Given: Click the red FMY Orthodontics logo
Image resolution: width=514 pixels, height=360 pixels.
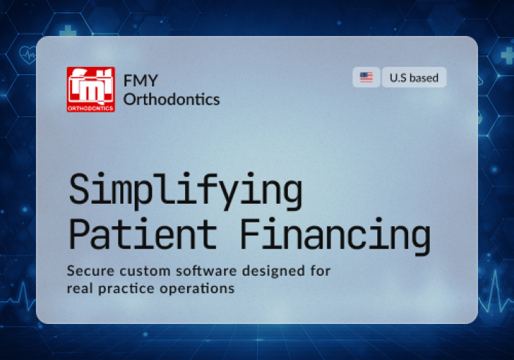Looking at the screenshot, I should coord(91,89).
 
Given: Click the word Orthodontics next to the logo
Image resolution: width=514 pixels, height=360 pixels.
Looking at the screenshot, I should coord(171,99).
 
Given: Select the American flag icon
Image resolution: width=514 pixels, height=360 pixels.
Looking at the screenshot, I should coord(366,77).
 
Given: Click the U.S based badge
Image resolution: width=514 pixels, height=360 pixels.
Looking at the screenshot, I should coord(414,77).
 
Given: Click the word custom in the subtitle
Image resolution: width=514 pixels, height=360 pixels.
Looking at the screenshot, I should coord(137,271).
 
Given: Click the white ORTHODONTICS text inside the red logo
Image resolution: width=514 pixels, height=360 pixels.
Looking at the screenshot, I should coord(91,108).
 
